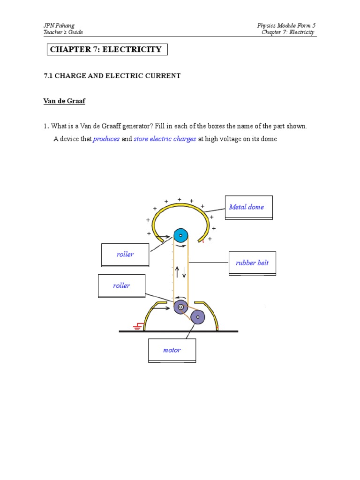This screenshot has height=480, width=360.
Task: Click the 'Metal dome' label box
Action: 248,207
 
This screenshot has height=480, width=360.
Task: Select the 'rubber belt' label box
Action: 252,263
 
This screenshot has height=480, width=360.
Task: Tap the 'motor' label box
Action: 172,350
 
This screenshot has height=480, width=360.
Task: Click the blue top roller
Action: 180,235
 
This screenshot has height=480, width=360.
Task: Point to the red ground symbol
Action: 138,326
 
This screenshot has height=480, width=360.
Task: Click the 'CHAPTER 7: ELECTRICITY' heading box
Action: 107,49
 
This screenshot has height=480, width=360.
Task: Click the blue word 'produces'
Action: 106,139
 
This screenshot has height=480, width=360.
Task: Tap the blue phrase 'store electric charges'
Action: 165,139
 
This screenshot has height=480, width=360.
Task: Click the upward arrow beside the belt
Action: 177,272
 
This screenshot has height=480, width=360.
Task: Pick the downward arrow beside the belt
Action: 184,272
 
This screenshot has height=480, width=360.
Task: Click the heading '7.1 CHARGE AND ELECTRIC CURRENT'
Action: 112,76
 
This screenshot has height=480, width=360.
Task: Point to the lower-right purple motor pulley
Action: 198,317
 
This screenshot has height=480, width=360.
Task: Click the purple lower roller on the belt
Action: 180,307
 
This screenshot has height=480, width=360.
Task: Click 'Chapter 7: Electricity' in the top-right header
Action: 288,32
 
